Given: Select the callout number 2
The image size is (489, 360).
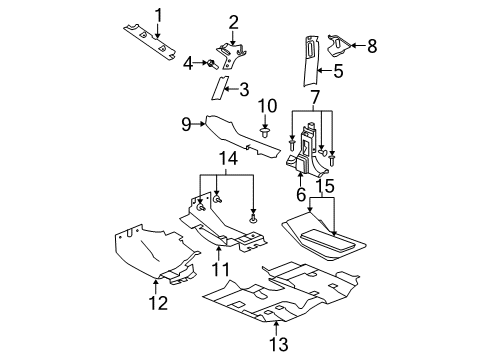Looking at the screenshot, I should (x=233, y=21).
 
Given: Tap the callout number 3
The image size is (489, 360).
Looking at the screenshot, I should (x=242, y=89).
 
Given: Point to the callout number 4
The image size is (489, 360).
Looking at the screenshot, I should (x=187, y=63).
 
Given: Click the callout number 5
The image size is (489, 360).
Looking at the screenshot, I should (x=339, y=71).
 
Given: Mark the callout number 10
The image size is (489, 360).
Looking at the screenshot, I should (x=267, y=106).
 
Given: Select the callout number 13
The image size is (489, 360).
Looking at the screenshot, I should (x=277, y=344).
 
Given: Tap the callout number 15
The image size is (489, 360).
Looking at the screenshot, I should (x=325, y=187).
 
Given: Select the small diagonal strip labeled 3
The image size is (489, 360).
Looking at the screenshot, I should (x=218, y=89).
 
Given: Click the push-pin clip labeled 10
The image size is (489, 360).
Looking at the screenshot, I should (x=266, y=130).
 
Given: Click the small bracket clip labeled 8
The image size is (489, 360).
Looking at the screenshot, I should (x=338, y=43).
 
